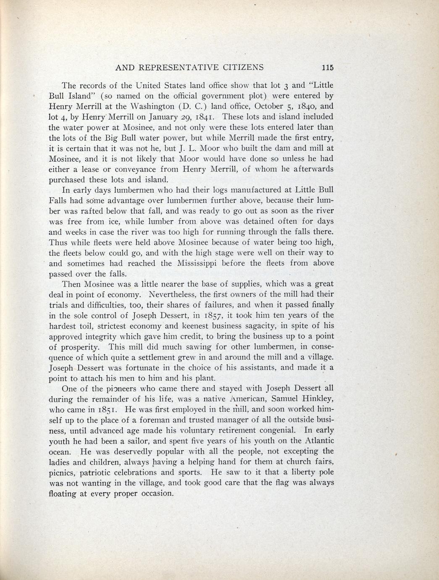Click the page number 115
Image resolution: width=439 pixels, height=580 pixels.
point(326,68)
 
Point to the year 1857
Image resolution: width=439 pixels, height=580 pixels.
point(218,316)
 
